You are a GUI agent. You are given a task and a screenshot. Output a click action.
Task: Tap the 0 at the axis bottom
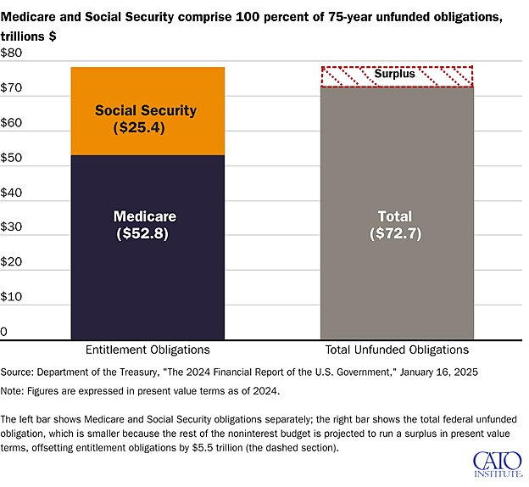4,331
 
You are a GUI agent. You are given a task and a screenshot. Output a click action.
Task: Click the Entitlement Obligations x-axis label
147,350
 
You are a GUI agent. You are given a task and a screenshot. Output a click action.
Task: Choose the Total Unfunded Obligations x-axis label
396,350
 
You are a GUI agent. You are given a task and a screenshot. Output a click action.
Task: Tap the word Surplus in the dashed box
395,75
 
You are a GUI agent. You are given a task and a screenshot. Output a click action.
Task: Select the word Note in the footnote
14,391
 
